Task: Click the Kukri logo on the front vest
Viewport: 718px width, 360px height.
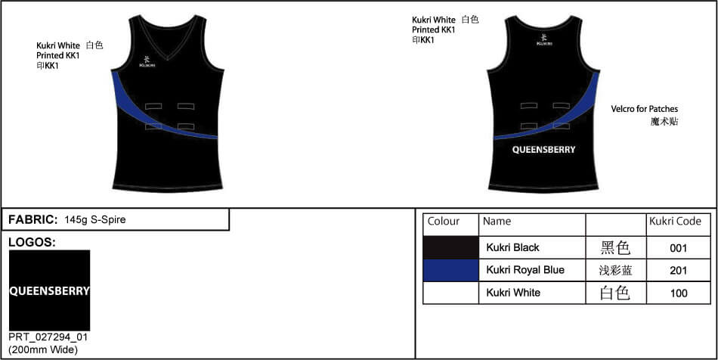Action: (147, 62)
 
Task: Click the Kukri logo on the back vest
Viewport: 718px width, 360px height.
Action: (544, 40)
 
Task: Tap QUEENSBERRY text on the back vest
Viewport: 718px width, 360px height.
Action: (543, 150)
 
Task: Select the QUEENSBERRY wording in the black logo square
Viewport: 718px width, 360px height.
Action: (49, 291)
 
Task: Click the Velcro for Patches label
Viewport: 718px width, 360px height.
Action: (644, 109)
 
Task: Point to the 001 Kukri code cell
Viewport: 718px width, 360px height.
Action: (678, 248)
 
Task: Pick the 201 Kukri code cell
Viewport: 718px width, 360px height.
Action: (678, 271)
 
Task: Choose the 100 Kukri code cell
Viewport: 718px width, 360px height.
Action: (678, 293)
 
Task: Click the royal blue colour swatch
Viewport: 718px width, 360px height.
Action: (450, 270)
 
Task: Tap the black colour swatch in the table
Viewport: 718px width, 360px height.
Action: (450, 248)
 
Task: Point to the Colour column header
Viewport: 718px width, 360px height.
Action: (443, 222)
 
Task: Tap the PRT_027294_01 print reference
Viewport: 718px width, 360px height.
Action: (48, 337)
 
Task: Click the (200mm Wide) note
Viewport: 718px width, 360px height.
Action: (43, 350)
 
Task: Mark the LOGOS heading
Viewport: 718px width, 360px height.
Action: (32, 243)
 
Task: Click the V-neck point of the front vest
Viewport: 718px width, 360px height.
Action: (167, 60)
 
